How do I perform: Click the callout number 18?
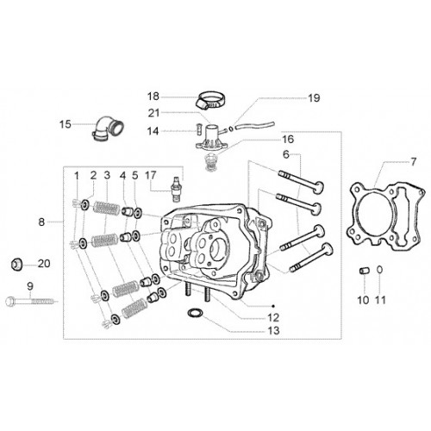(153, 97)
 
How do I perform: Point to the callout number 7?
(413, 162)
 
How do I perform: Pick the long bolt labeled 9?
(32, 302)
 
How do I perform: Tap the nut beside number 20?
(16, 264)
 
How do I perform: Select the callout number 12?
(273, 317)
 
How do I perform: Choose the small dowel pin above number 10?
(364, 271)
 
